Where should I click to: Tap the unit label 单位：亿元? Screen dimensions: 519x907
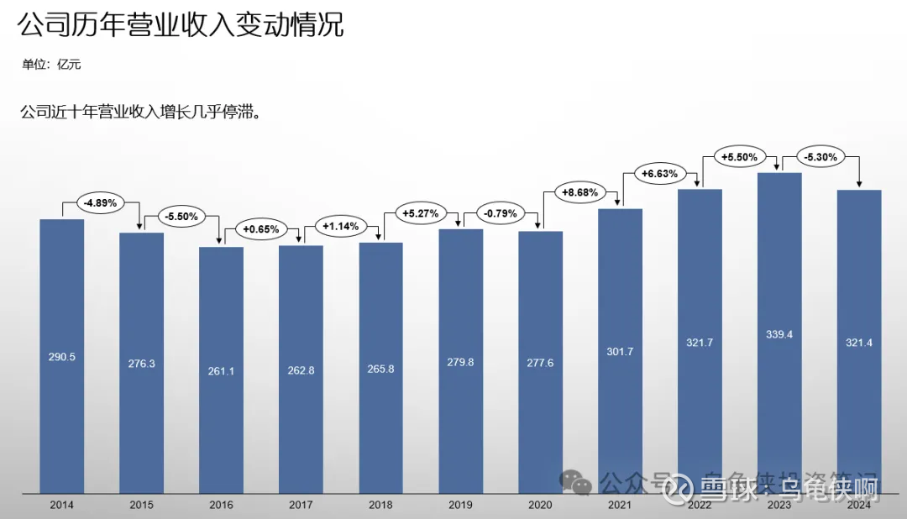tap(51, 65)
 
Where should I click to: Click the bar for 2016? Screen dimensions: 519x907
tap(221, 370)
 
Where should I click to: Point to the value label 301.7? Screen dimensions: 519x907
tap(620, 351)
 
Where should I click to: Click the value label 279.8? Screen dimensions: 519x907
tap(461, 362)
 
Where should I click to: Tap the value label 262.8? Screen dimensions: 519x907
tap(301, 370)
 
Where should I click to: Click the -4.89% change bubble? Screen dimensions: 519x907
tap(102, 202)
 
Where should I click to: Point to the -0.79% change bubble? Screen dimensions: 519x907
tap(500, 213)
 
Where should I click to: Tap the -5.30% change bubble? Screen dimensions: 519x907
tap(819, 156)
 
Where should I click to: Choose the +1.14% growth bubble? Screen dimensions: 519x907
tap(340, 226)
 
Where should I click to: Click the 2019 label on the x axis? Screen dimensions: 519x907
tap(461, 505)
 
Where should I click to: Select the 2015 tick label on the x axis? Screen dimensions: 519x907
tap(141, 505)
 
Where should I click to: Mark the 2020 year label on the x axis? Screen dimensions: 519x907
tap(540, 505)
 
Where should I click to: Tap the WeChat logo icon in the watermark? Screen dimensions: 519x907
tap(576, 482)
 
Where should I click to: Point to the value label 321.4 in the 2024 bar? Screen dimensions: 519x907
tap(859, 343)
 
